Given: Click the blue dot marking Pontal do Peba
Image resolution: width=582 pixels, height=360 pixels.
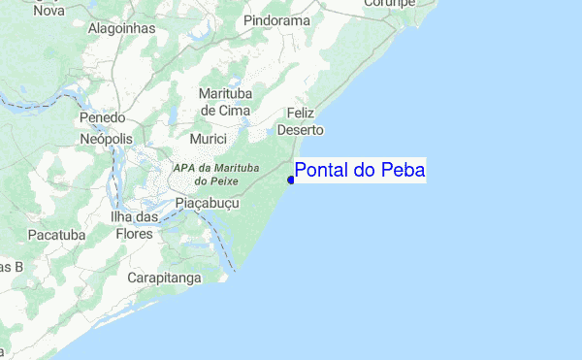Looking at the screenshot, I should [x=291, y=180].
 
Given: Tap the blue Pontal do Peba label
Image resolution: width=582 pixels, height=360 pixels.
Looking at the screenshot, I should [x=359, y=171].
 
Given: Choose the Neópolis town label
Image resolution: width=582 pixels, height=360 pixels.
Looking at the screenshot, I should [x=106, y=140].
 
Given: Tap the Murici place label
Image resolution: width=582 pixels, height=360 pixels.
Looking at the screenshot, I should [x=208, y=140].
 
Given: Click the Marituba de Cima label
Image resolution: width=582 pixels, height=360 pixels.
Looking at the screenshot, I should [x=225, y=102].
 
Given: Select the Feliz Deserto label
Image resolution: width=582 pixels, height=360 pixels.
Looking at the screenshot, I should [x=299, y=121].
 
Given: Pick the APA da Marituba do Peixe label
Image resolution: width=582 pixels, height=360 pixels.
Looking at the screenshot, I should [x=216, y=174].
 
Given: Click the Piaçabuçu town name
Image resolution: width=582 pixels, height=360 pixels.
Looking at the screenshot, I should [x=210, y=203].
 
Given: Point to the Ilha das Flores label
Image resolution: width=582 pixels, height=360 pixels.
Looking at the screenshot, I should [x=135, y=225].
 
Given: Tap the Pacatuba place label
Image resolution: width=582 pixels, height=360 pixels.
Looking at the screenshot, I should [x=57, y=235].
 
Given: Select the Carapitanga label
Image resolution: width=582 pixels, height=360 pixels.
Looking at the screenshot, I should [x=164, y=278].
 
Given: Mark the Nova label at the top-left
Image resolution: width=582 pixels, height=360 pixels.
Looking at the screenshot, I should [x=48, y=10].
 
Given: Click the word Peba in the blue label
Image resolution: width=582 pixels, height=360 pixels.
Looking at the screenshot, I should [x=403, y=171].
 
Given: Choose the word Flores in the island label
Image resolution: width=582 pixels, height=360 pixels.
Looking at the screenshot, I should [x=134, y=234].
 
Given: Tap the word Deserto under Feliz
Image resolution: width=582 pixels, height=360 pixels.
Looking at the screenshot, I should [x=300, y=129].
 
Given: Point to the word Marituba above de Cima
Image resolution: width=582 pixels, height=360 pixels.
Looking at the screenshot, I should [x=225, y=94].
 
